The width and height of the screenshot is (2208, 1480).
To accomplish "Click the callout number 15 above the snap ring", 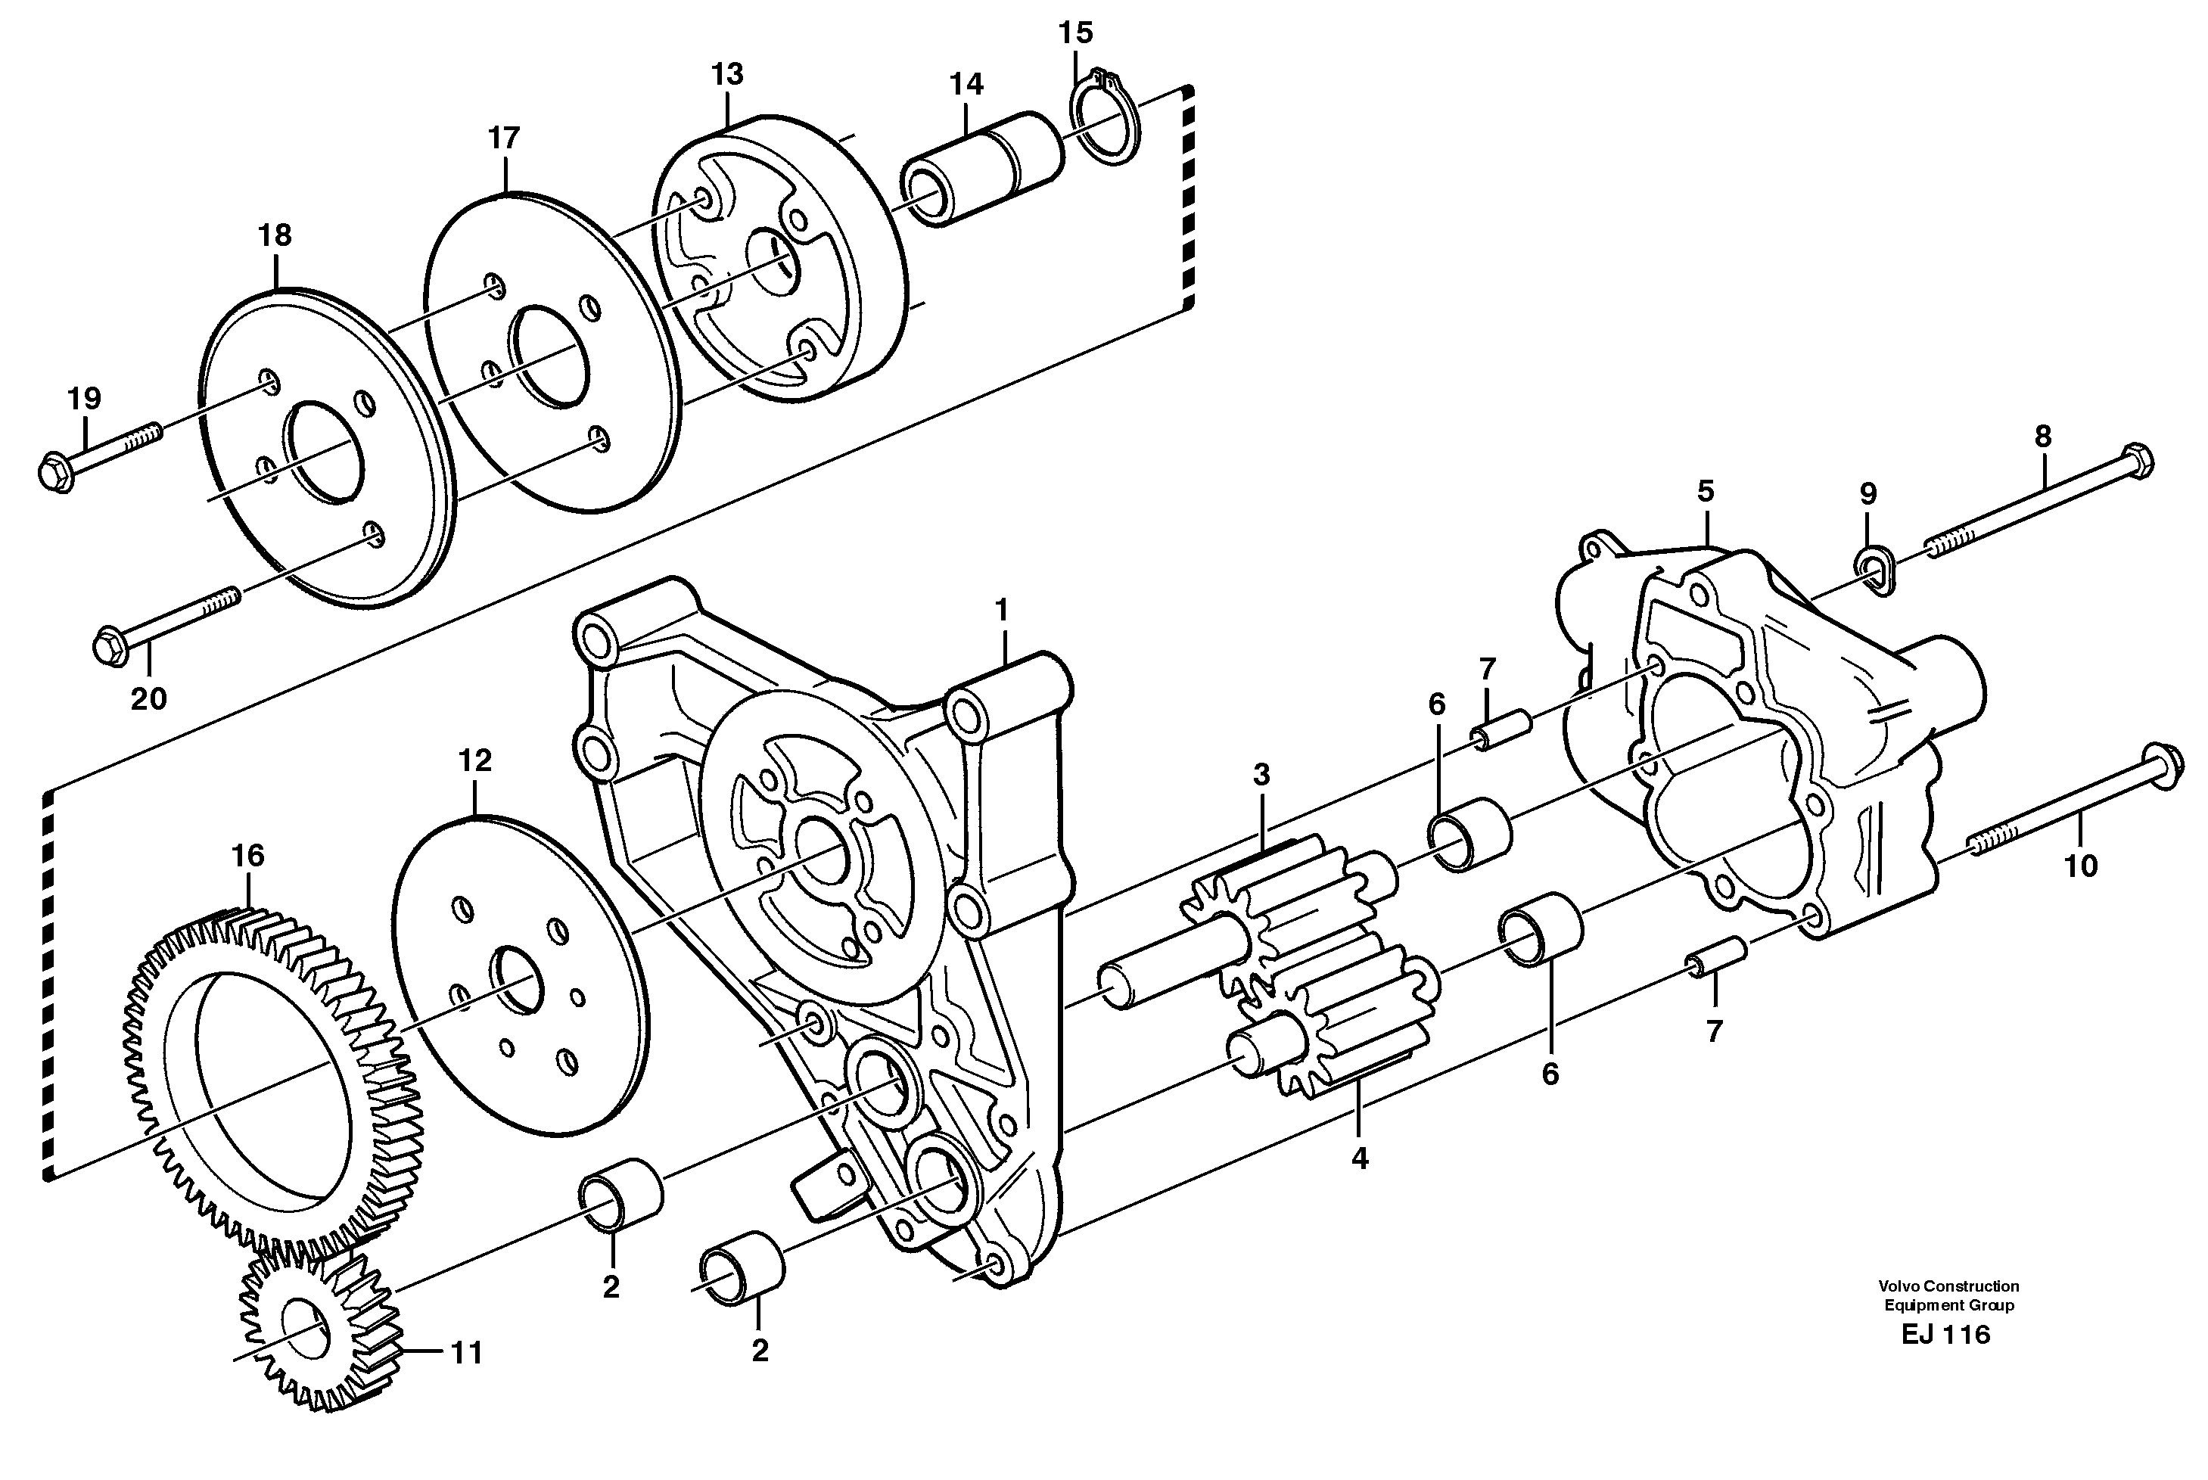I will point(1075,33).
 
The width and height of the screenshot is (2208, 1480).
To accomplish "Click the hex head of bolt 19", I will point(58,470).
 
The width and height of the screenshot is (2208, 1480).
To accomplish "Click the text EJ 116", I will point(1945,1335).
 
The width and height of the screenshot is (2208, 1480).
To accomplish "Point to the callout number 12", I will point(475,760).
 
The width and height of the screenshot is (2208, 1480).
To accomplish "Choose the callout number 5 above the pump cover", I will point(1705,491).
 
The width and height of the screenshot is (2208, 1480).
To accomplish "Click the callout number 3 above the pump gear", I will point(1261,775).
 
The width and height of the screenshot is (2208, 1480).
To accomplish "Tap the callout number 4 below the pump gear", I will point(1358,1159).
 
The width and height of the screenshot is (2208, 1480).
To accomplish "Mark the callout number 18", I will point(275,235).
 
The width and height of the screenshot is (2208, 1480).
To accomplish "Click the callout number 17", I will point(504,138).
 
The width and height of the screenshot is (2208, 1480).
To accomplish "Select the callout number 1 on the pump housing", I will point(1002,610).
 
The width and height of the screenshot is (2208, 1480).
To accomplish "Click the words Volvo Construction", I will point(1948,1286).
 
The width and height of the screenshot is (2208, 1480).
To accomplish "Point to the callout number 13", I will point(727,73).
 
